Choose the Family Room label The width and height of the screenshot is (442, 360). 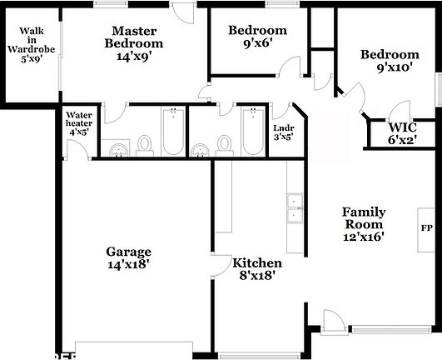pyautogui.click(x=363, y=218)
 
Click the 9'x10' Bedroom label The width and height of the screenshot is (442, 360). pyautogui.click(x=389, y=62)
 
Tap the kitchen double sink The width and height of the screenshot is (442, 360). pyautogui.click(x=294, y=209)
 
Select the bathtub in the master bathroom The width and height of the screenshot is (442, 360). pyautogui.click(x=172, y=132)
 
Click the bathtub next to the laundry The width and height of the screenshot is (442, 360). pyautogui.click(x=251, y=132)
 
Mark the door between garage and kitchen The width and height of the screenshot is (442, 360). pyautogui.click(x=219, y=267)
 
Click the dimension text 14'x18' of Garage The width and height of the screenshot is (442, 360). pyautogui.click(x=128, y=265)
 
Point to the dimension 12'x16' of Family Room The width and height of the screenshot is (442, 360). pyautogui.click(x=363, y=236)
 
